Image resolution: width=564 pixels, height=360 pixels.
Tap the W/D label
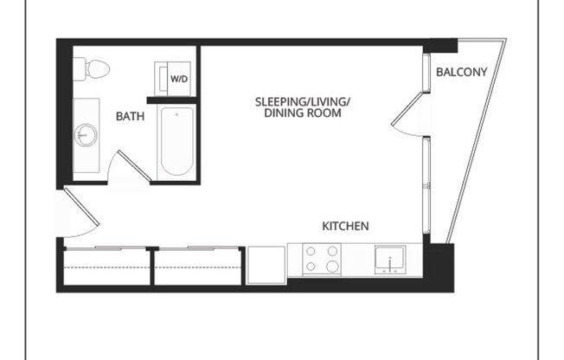[x=178, y=80]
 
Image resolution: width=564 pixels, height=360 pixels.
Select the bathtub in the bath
[x=176, y=142]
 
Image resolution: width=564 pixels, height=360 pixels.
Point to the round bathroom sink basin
[x=87, y=135]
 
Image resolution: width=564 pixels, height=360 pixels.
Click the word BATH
[x=131, y=116]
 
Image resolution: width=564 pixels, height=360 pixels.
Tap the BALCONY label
[x=461, y=72]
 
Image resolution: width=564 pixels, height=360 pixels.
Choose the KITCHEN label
[x=345, y=226]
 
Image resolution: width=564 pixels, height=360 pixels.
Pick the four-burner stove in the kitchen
[x=321, y=259]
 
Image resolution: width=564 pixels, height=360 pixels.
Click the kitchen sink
[x=389, y=260]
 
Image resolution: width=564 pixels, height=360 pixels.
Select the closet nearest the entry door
[x=106, y=267]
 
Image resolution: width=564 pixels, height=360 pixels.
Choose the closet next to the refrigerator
[x=197, y=267]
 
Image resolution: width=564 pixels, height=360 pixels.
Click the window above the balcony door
[x=426, y=73]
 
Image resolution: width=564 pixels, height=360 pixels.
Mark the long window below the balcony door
[x=426, y=184]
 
